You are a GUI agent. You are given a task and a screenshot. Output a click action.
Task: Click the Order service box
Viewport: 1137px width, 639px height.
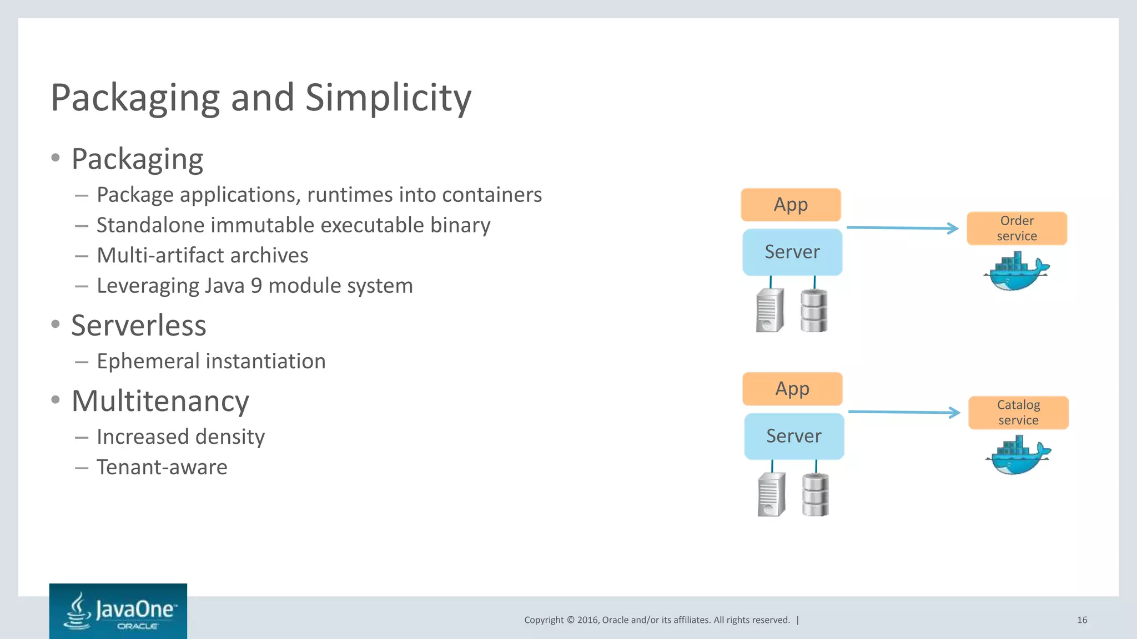point(1017,229)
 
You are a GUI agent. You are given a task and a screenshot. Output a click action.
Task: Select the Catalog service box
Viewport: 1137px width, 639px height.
point(1018,413)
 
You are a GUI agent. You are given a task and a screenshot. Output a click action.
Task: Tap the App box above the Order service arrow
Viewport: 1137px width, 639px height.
point(791,205)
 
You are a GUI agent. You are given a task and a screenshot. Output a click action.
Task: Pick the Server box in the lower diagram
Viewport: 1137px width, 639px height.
point(794,436)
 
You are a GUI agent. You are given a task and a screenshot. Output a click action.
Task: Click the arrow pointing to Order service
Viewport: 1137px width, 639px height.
point(902,228)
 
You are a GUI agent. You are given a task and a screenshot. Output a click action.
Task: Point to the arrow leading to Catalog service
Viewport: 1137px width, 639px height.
point(904,412)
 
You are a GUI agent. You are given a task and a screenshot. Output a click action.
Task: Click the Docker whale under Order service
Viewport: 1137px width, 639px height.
point(1016,272)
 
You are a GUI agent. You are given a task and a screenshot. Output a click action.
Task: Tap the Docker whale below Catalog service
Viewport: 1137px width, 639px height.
point(1018,456)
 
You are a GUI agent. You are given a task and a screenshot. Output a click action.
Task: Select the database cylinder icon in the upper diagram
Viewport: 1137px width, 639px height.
point(814,311)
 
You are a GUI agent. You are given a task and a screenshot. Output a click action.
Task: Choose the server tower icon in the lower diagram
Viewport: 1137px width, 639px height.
point(772,495)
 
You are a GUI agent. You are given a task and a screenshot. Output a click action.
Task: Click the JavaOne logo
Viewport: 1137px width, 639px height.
point(118,611)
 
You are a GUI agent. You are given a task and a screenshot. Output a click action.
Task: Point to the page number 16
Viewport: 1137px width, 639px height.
point(1082,620)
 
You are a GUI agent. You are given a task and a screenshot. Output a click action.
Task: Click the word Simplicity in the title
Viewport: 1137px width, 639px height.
point(388,98)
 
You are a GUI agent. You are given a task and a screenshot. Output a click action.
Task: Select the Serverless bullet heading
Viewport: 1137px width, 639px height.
point(139,326)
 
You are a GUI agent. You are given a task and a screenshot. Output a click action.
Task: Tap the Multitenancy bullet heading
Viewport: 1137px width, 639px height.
point(160,401)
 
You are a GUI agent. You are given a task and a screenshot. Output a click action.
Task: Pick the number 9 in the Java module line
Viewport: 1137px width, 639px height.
point(256,286)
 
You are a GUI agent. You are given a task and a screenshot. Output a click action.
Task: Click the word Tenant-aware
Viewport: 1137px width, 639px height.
point(162,468)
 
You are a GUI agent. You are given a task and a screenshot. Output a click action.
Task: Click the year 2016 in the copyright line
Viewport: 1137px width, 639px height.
point(587,620)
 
